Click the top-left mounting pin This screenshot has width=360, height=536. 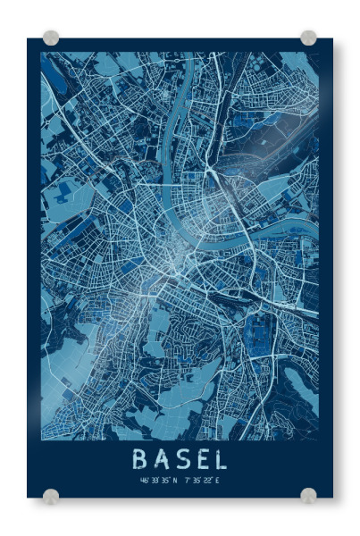51,38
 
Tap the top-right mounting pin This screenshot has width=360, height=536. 308,38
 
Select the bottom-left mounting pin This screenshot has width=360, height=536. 51,496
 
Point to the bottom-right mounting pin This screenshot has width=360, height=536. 308,496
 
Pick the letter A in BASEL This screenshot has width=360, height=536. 161,459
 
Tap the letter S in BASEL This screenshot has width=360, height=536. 180,459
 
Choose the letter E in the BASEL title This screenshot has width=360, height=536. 200,459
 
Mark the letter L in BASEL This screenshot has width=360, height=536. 219,459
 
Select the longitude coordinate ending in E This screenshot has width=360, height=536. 202,481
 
